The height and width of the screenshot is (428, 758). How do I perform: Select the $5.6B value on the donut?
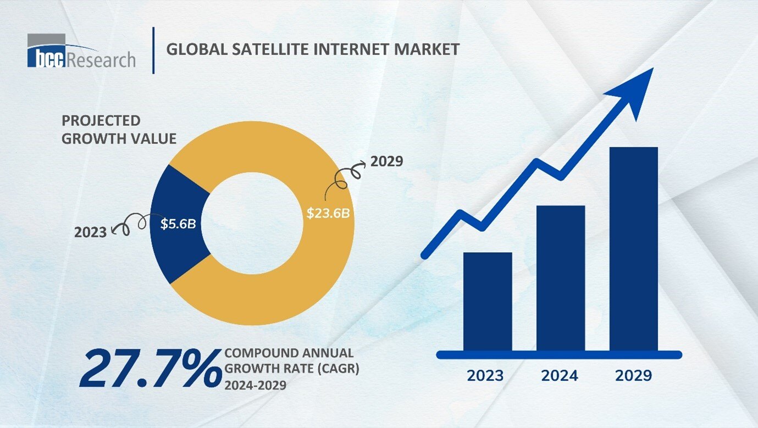point(179,224)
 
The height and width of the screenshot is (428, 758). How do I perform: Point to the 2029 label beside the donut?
point(387,162)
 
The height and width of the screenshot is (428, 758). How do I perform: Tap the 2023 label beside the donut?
point(90,232)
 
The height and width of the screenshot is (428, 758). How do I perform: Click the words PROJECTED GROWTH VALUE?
point(119,130)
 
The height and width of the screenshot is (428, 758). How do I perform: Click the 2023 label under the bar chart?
point(485,376)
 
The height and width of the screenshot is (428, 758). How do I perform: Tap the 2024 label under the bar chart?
point(560,376)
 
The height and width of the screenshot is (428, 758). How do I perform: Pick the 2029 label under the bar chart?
point(633,376)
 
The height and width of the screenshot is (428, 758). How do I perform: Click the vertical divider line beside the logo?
point(153,50)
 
